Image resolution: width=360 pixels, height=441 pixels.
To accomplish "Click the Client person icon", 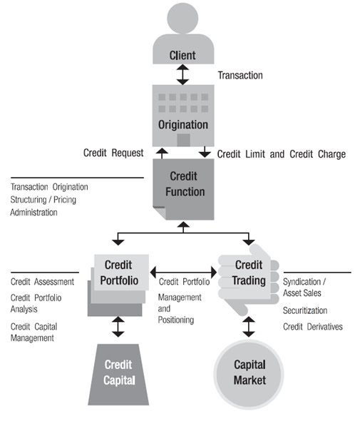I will pyautogui.click(x=183, y=36).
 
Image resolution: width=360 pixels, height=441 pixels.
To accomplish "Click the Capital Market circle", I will pyautogui.click(x=249, y=374).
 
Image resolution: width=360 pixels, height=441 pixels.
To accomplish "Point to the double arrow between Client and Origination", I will pyautogui.click(x=183, y=74).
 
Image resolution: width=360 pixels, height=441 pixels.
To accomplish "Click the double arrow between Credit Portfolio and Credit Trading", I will pyautogui.click(x=183, y=272).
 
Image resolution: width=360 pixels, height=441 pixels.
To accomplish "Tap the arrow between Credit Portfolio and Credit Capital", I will pyautogui.click(x=118, y=327).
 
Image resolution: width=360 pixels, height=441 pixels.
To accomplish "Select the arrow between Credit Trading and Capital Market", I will pyautogui.click(x=249, y=326).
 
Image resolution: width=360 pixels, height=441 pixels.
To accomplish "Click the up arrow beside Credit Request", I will pyautogui.click(x=162, y=153).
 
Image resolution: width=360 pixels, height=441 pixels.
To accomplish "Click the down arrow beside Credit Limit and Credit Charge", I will pyautogui.click(x=205, y=153).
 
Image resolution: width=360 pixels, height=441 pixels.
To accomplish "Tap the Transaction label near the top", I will pyautogui.click(x=240, y=75).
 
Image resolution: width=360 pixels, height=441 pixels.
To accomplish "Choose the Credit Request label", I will pyautogui.click(x=113, y=153).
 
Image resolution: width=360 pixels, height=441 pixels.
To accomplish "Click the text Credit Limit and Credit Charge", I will pyautogui.click(x=281, y=154).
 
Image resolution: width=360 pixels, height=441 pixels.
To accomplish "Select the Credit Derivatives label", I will pyautogui.click(x=312, y=326).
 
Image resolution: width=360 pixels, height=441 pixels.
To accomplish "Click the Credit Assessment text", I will pyautogui.click(x=42, y=282).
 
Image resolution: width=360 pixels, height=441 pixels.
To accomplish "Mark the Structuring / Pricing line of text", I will pyautogui.click(x=43, y=200).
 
